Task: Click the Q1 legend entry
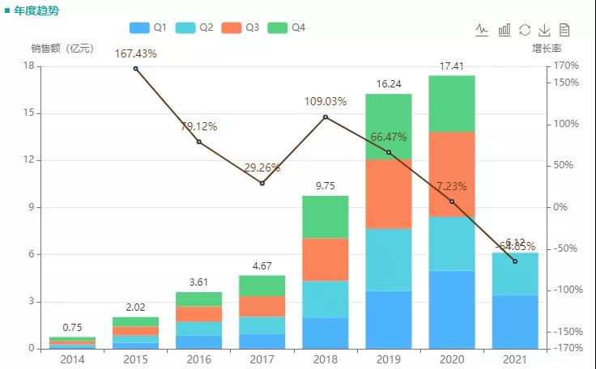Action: pos(147,28)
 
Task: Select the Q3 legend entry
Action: pos(239,28)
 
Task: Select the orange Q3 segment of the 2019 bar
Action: pos(388,194)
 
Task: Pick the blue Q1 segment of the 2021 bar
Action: pos(514,321)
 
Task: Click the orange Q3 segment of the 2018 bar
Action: pos(325,259)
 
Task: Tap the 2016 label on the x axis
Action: pos(198,359)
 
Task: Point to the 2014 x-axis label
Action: pos(72,359)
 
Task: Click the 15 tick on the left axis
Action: pos(29,113)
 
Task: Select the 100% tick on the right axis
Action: pos(565,124)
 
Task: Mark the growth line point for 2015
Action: pos(135,68)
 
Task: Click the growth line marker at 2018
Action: pos(326,117)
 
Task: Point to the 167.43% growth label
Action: pos(135,53)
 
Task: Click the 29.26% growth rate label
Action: pos(262,168)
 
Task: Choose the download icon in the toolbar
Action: pos(545,30)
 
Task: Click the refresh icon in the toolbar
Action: pos(525,30)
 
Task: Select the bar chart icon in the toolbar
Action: pos(504,30)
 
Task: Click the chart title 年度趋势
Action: pos(36,11)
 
